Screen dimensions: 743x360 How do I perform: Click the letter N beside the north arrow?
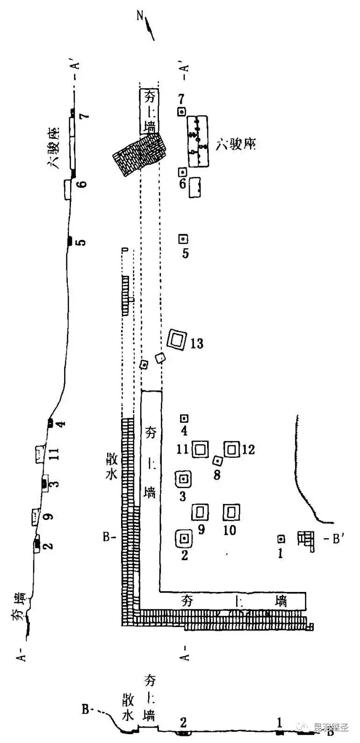pos(139,15)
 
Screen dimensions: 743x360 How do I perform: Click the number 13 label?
pos(197,344)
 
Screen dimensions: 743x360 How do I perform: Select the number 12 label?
pos(249,450)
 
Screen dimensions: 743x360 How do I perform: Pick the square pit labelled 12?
pos(232,449)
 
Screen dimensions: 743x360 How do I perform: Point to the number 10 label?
pos(230,530)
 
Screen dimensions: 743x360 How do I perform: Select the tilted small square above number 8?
pos(217,461)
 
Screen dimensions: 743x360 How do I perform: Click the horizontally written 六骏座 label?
pos(237,145)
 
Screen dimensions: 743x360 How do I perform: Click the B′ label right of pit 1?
pos(331,539)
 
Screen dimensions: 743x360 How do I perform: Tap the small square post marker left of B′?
pos(281,539)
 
